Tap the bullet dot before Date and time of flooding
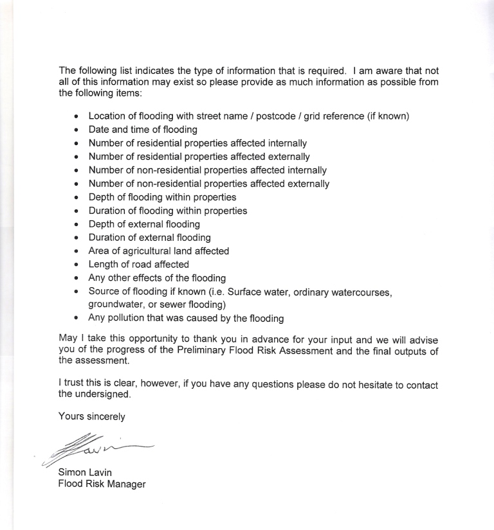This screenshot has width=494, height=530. (77, 130)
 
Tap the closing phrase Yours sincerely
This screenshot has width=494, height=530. (91, 416)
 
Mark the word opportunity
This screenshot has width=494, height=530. (140, 339)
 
